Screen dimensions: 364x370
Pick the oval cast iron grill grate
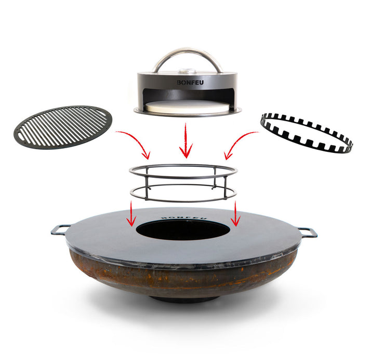[62, 125]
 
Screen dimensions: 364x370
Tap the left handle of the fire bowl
[61, 229]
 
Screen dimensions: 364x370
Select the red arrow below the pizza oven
[186, 141]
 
